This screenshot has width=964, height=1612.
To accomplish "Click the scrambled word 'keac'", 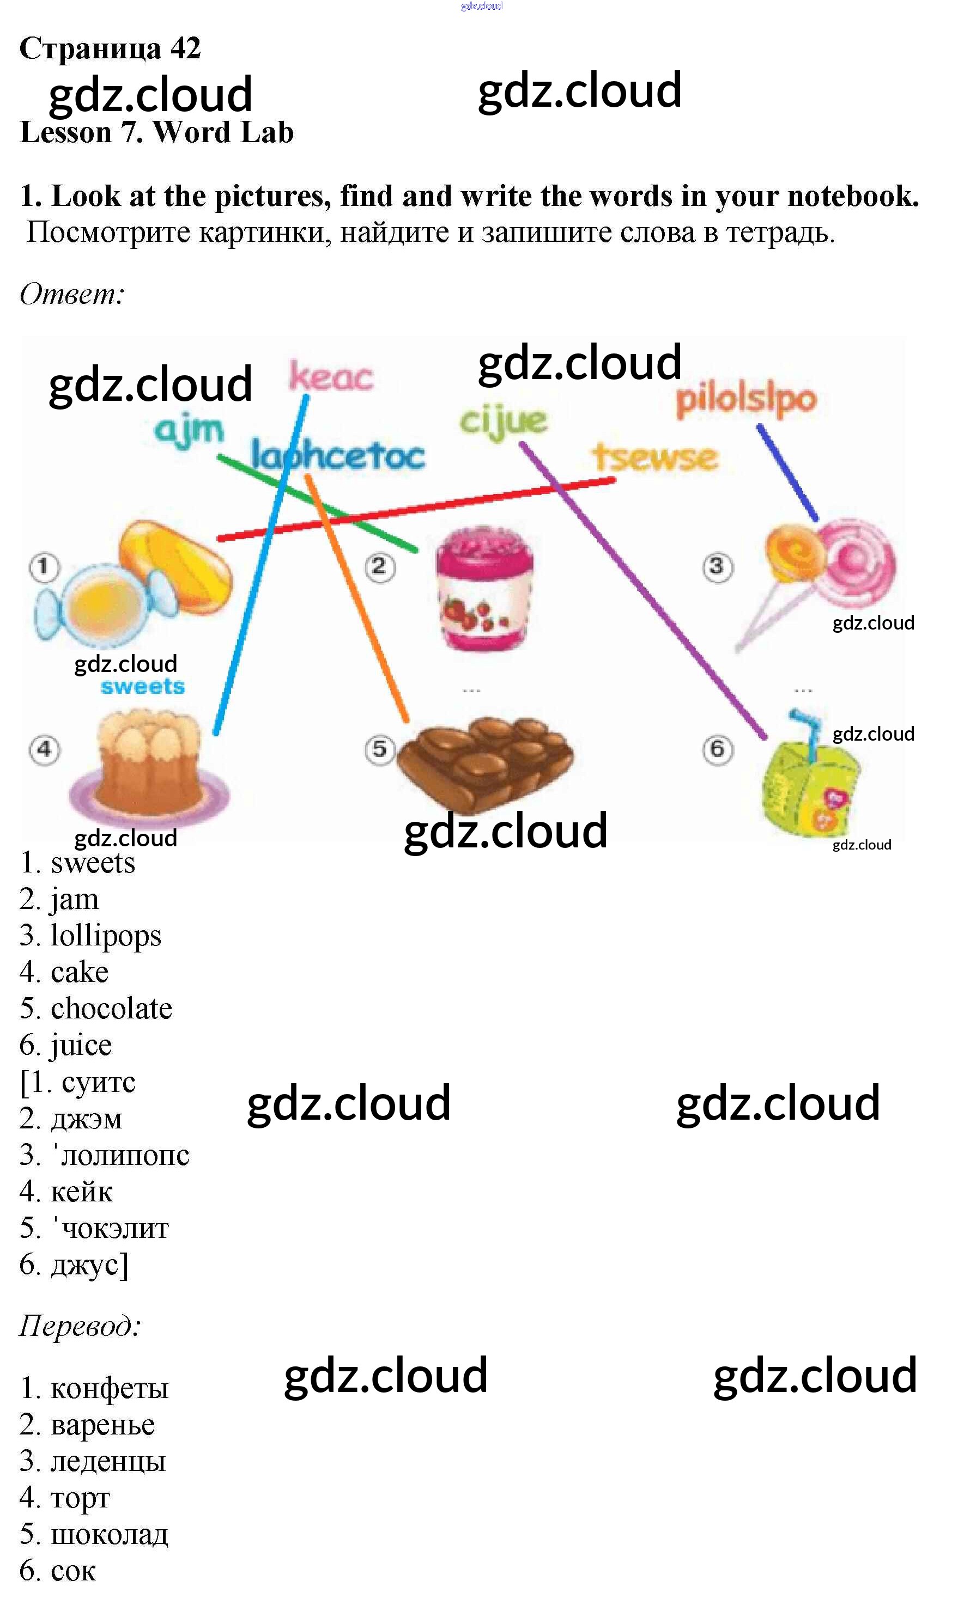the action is (x=331, y=376).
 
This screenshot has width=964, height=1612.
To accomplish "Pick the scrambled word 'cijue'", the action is (x=504, y=422).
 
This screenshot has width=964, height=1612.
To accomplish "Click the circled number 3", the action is (x=717, y=567).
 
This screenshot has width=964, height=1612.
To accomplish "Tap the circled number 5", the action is (x=380, y=749).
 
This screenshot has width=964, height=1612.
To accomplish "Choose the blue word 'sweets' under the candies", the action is (x=143, y=686).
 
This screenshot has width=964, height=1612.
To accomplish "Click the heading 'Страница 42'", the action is (x=111, y=48).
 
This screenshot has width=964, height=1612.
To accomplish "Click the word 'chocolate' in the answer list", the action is (x=112, y=1008).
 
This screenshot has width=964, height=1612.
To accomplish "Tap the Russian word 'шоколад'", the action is (x=109, y=1534).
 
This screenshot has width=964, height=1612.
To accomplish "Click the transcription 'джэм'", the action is (x=87, y=1119).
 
